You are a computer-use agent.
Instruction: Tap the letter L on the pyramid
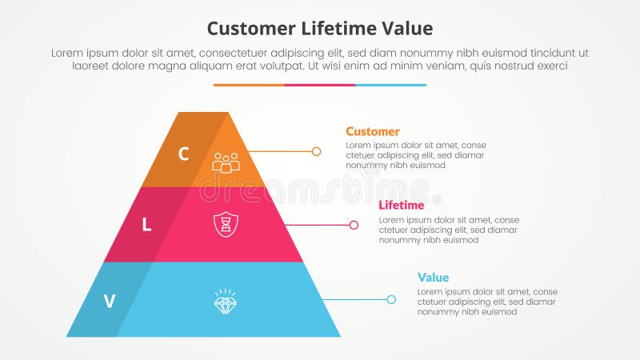click(146, 226)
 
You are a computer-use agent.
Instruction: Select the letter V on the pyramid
click(110, 302)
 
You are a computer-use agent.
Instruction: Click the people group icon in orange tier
click(226, 162)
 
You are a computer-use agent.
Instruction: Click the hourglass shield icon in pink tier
click(226, 224)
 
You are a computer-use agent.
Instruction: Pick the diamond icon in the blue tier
click(226, 301)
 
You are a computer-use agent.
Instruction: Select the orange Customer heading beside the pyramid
click(373, 131)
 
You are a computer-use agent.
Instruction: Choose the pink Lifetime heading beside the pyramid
click(401, 206)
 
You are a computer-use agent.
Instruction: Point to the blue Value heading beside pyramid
click(432, 277)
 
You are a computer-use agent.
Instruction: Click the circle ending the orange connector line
click(317, 151)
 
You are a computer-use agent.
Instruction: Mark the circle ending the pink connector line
click(354, 225)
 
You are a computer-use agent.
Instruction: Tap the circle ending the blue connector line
click(391, 300)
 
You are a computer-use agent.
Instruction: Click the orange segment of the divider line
click(249, 85)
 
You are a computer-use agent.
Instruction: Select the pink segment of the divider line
click(320, 85)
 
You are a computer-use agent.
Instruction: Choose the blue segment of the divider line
click(390, 85)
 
